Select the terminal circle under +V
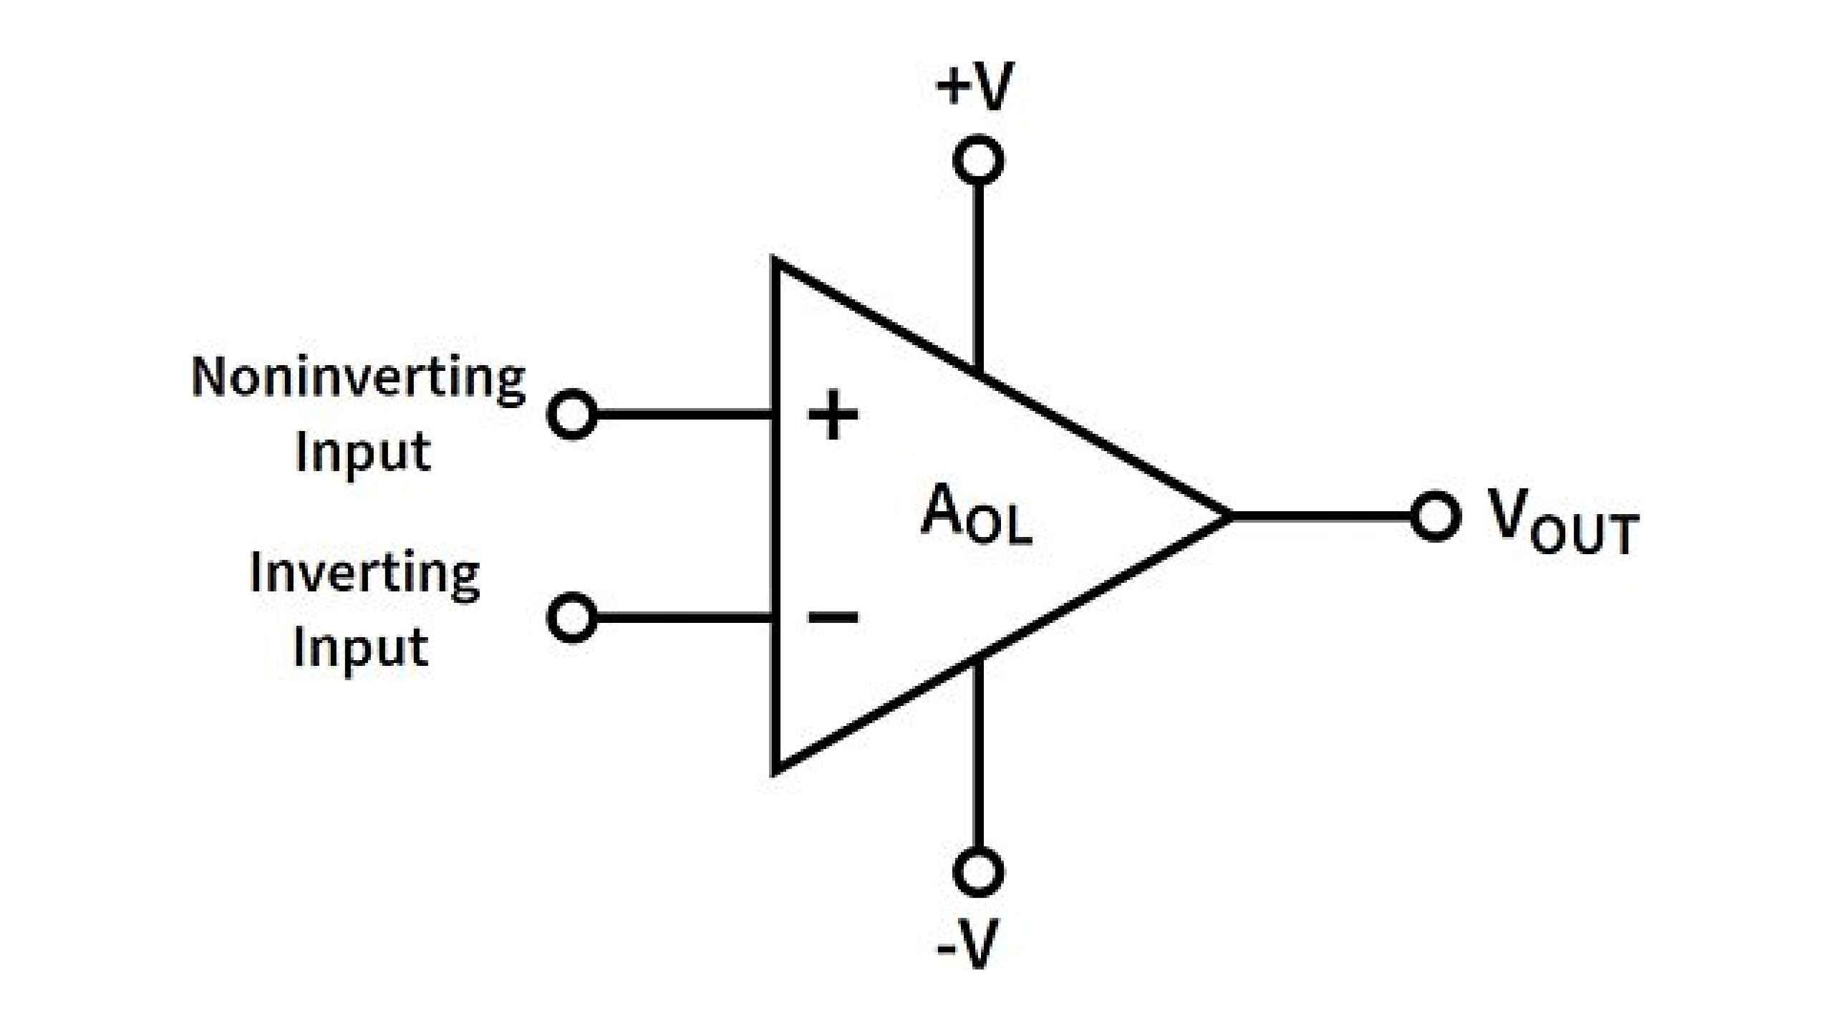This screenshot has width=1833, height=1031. click(x=978, y=160)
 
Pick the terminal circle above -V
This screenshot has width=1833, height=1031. click(x=978, y=872)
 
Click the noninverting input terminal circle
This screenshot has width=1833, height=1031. click(x=571, y=415)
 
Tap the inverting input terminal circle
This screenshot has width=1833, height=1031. click(x=571, y=617)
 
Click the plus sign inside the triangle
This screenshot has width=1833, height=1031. click(x=832, y=415)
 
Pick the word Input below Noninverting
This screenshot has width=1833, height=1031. click(x=363, y=452)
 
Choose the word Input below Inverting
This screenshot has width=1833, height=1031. click(x=362, y=649)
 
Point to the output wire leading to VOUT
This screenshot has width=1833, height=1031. click(x=1321, y=515)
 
